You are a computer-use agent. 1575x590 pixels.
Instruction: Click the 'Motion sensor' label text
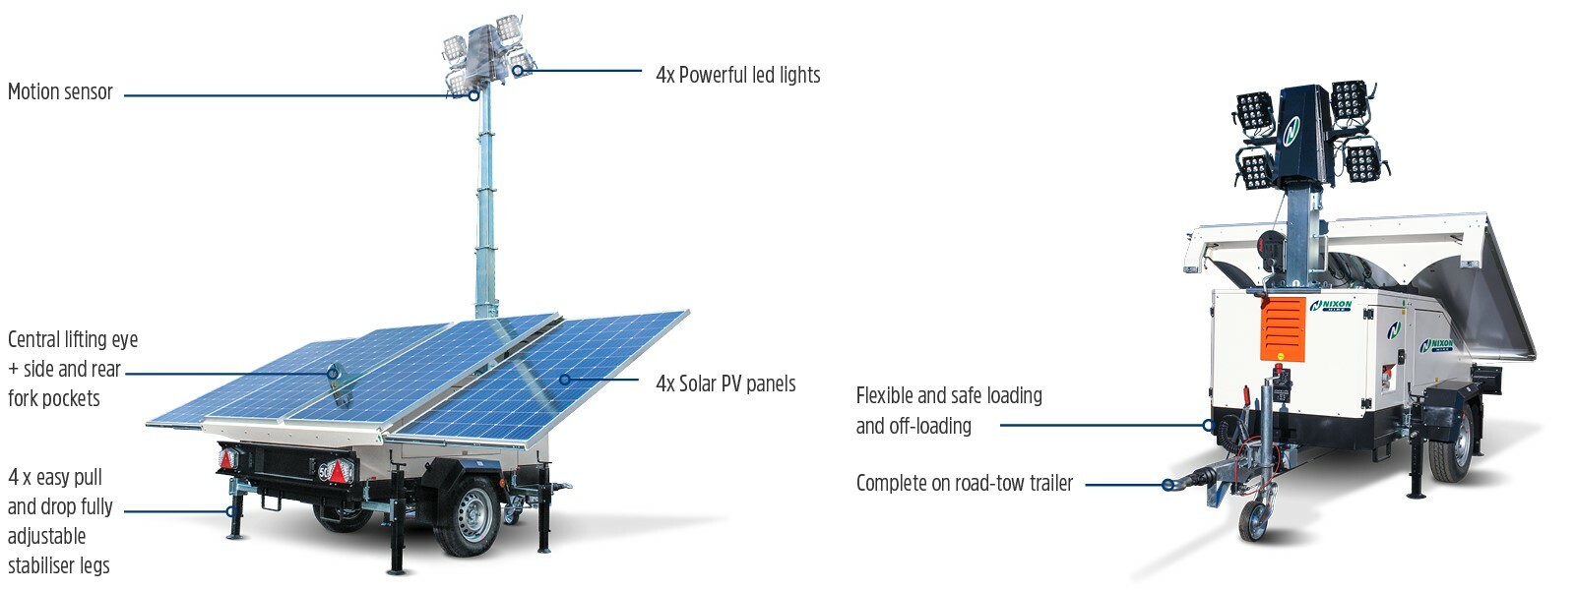coord(60,92)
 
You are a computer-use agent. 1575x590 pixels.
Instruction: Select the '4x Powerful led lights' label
coord(737,75)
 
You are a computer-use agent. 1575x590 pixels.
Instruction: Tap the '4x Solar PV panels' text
coord(725,383)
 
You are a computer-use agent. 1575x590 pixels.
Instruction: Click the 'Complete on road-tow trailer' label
coord(964,483)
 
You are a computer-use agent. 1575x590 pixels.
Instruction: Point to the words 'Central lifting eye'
coord(73,339)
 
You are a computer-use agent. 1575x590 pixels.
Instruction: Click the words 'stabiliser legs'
coord(59,565)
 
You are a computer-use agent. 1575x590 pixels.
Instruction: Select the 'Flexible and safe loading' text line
coord(949,395)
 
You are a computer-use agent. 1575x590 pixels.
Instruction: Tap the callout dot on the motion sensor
coord(473,95)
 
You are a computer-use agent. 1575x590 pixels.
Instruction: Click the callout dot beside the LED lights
coord(517,71)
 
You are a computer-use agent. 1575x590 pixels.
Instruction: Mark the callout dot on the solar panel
coord(565,380)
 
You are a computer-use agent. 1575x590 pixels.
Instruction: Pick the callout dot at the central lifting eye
coord(333,374)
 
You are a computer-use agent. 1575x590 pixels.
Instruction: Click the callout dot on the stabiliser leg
coord(231,511)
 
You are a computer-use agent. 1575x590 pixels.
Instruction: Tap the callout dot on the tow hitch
coord(1167,485)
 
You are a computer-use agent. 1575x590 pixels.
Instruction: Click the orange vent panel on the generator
coord(1283,328)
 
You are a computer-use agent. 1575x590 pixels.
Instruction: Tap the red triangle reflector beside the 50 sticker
coord(341,472)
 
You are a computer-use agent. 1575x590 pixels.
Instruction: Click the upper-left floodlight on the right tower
coord(1254,111)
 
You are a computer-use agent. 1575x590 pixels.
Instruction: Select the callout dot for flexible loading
coord(1208,426)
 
